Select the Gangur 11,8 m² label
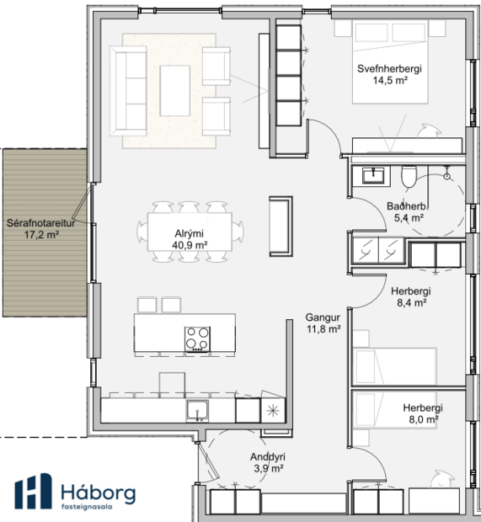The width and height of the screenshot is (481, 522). pos(323,323)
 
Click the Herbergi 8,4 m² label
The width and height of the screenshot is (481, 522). pos(410,297)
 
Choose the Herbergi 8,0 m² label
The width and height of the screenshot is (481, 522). pos(421,413)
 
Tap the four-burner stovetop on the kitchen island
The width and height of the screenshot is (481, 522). pos(197,338)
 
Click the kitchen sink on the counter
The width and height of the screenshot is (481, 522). pos(198,411)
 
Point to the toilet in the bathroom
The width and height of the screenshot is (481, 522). pos(409,175)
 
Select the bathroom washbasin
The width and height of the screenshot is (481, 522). pos(373,175)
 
